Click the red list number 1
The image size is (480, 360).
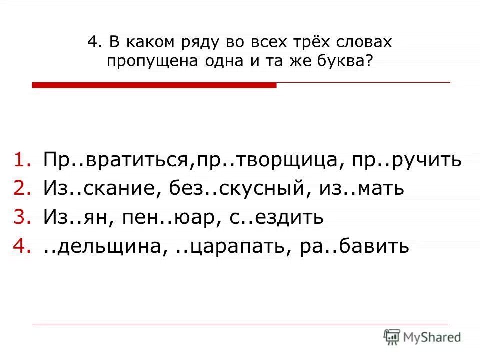tap(21, 161)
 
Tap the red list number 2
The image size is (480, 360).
tap(21, 189)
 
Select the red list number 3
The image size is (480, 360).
tap(21, 218)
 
